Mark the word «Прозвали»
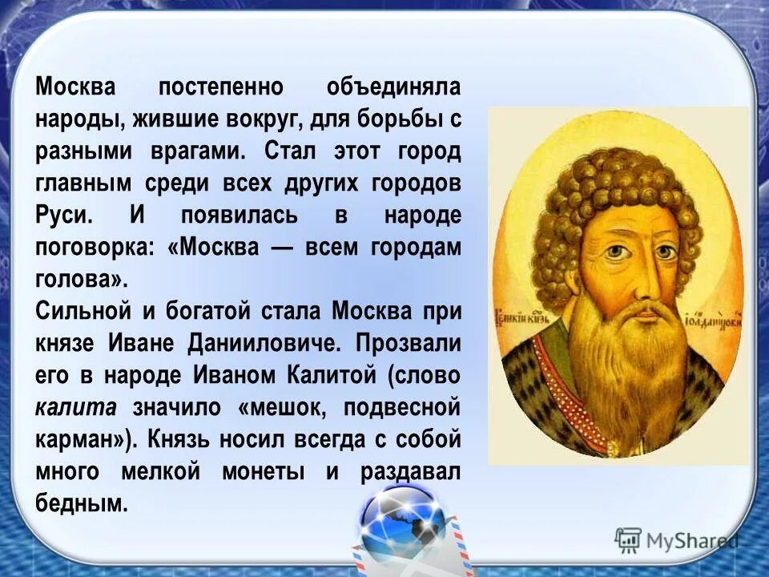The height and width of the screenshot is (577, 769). (x=409, y=343)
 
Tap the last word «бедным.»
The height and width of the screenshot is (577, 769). (x=82, y=503)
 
